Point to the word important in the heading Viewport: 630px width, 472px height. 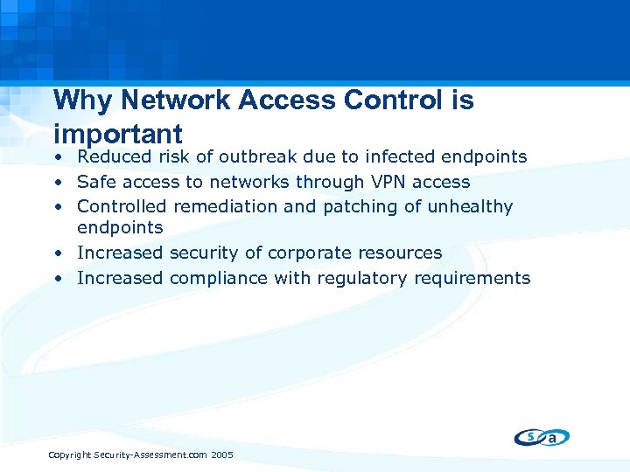click(117, 134)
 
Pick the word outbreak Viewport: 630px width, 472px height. click(257, 157)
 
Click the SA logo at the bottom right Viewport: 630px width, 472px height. click(542, 436)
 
